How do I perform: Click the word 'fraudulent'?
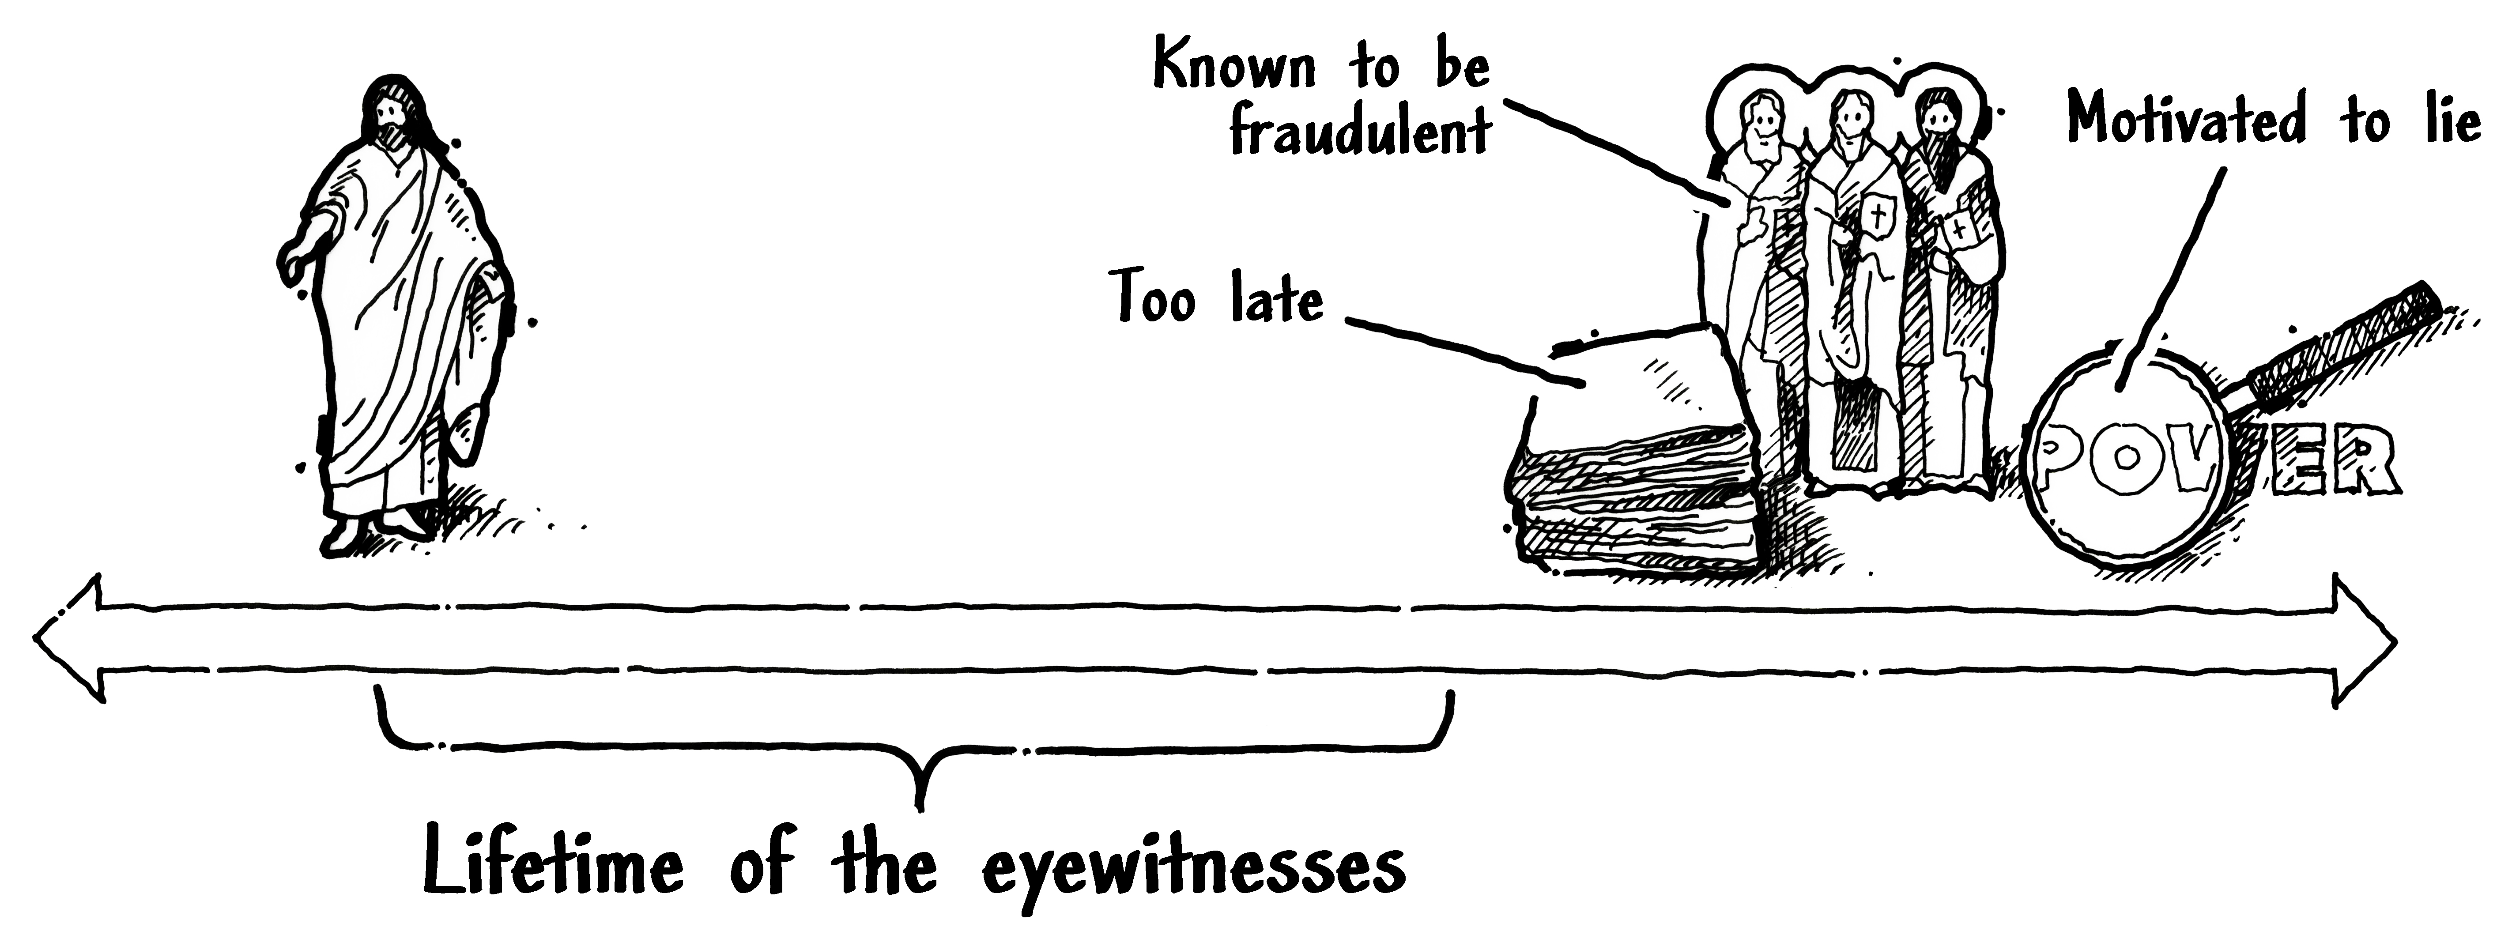1360,134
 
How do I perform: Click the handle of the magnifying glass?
2340,351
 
